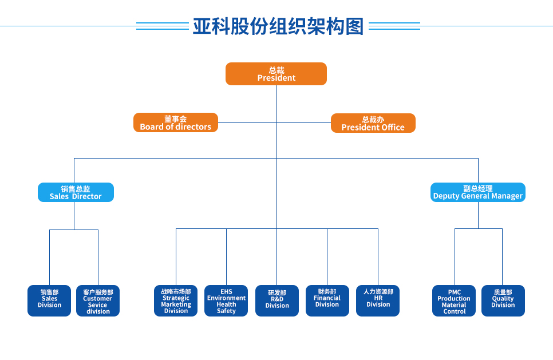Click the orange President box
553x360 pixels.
(276, 74)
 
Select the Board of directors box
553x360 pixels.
(176, 122)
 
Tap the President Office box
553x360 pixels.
(373, 123)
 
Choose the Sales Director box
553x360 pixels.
(76, 192)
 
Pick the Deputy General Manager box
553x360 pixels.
(477, 192)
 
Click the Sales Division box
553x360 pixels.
(49, 300)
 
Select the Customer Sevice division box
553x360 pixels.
(98, 300)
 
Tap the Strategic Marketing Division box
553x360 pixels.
(176, 300)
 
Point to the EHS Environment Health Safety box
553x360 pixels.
(226, 300)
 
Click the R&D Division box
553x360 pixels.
(277, 300)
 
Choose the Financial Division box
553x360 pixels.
(327, 300)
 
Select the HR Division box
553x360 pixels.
(378, 300)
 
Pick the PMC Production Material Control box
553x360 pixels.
(454, 300)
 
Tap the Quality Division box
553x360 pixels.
(503, 300)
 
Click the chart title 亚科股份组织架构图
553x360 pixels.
(278, 26)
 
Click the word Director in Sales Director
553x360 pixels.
(86, 196)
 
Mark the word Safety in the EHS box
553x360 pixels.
(226, 311)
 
